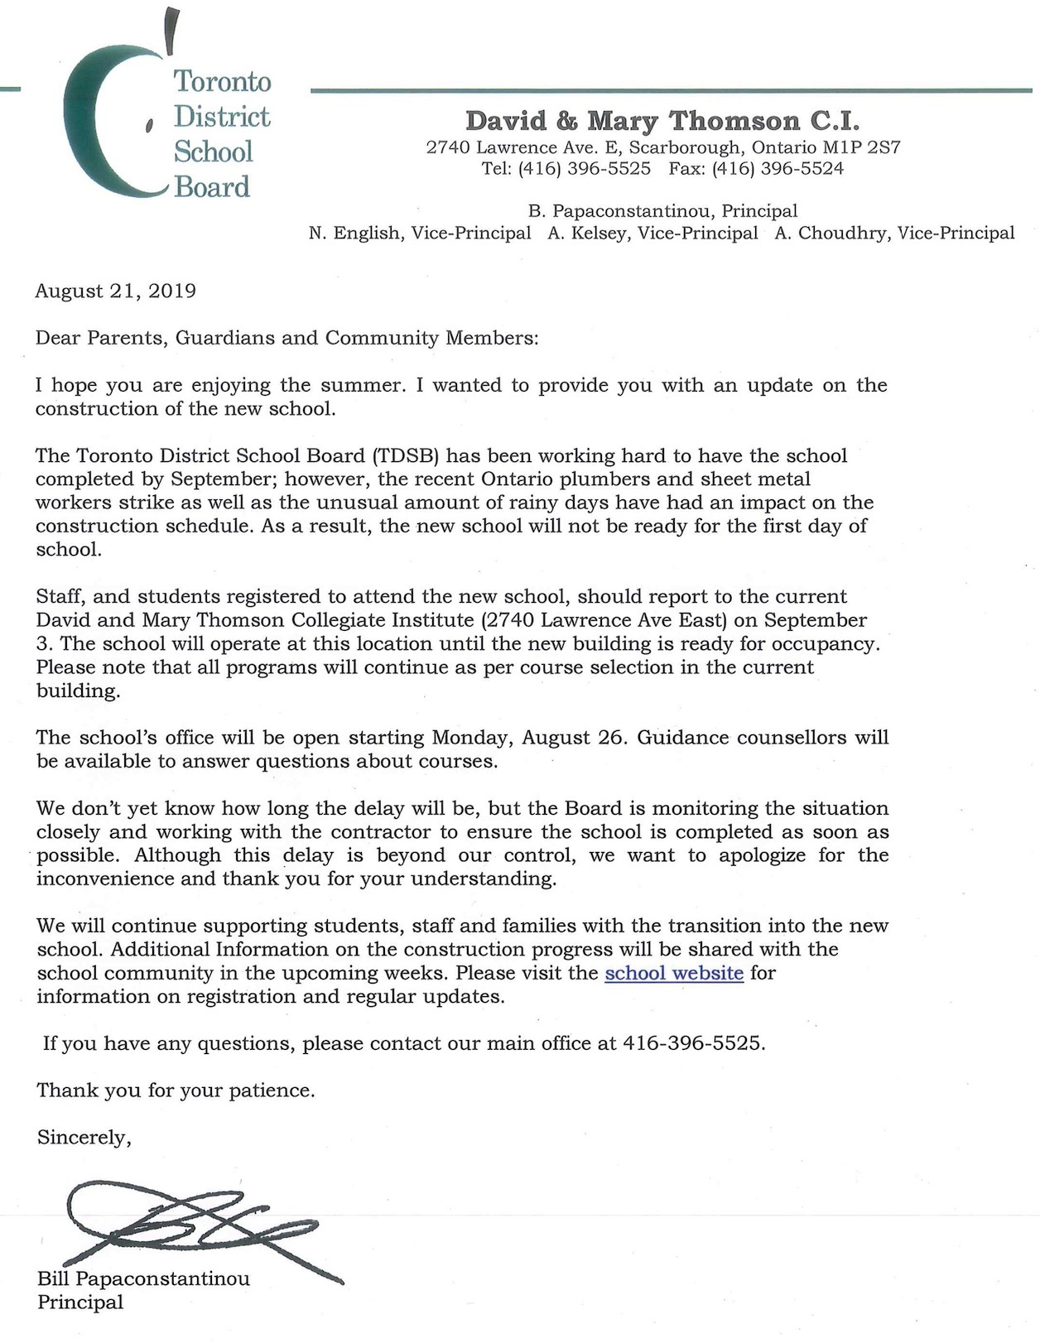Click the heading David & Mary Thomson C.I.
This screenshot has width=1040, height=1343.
click(x=662, y=121)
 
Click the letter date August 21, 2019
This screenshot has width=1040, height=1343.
click(x=116, y=291)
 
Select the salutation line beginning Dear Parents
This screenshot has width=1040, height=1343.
click(x=286, y=338)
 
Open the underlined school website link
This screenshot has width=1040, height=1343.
click(x=674, y=973)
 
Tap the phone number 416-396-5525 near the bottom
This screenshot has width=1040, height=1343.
click(x=691, y=1043)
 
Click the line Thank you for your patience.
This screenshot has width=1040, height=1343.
click(x=176, y=1090)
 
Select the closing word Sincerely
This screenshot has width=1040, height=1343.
click(x=84, y=1138)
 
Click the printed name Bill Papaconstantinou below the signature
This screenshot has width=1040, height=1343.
click(x=143, y=1278)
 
